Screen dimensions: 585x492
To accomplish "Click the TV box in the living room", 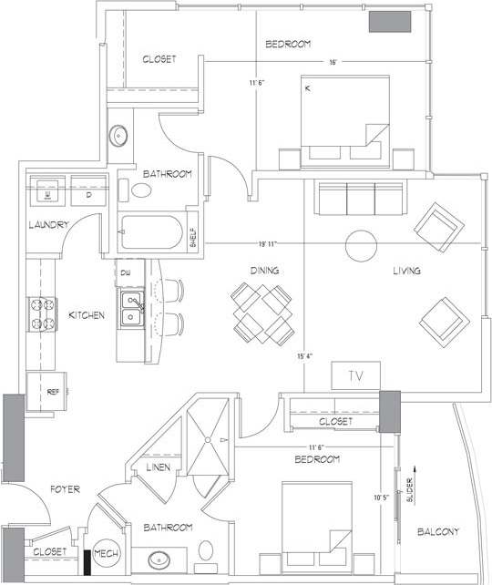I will point(354,375).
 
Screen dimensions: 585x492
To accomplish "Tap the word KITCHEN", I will point(87,315).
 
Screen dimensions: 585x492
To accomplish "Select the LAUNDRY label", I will point(47,225).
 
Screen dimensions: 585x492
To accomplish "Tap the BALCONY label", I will point(437,532).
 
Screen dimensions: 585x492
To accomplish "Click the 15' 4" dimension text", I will point(305,356).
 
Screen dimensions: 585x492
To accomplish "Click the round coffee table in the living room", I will point(360,244).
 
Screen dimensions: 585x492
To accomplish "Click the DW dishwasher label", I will point(125,272).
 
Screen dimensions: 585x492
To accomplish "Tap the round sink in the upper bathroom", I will point(119,137).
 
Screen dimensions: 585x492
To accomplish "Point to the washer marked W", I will point(46,194).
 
